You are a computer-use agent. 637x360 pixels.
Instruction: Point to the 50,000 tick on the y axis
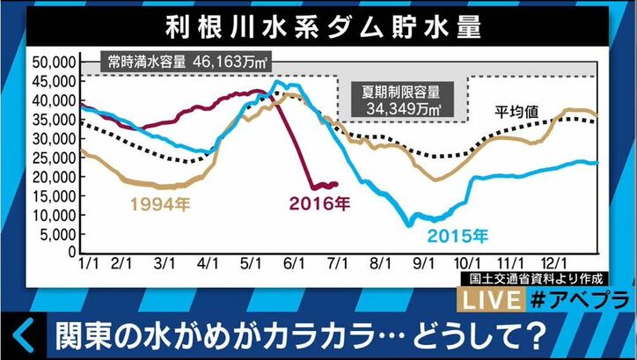pos(51,62)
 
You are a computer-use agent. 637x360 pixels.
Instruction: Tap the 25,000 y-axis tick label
pos(51,158)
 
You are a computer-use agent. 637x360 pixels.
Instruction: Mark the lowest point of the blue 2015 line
pos(409,225)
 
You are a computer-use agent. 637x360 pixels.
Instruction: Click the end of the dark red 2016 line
pos(336,184)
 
